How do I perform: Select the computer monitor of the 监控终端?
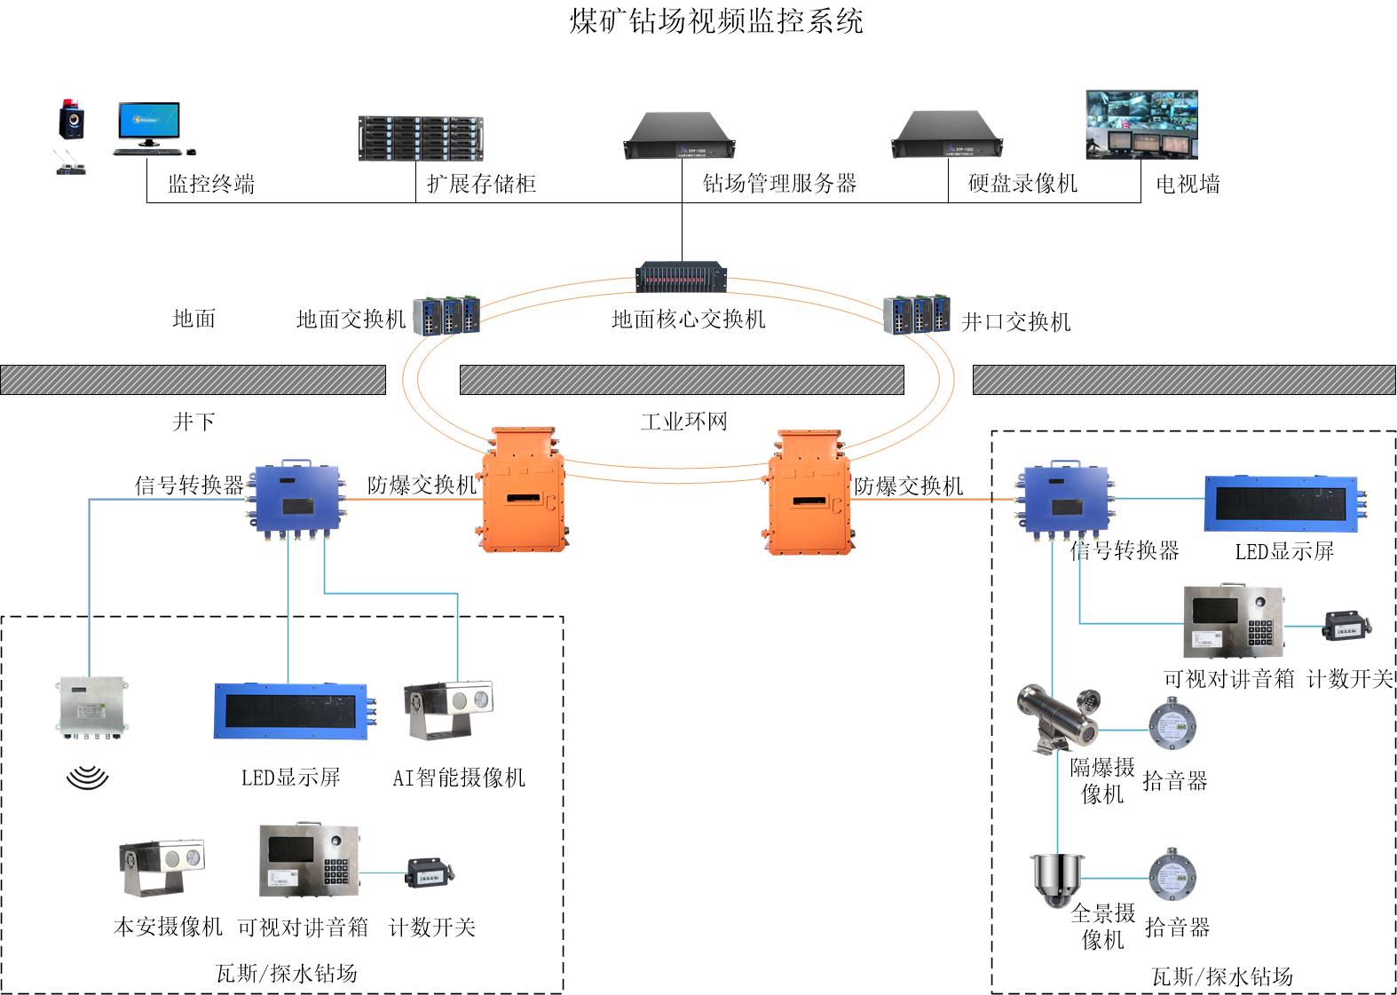click(x=148, y=124)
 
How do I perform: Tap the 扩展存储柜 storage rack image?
click(x=421, y=138)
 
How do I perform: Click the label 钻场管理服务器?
click(x=779, y=184)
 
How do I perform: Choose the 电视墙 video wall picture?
click(x=1141, y=124)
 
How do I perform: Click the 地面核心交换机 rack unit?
click(x=682, y=277)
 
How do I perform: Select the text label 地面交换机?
click(x=351, y=320)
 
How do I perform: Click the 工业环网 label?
click(x=683, y=422)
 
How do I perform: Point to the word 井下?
click(x=193, y=422)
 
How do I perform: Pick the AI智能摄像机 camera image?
click(x=449, y=710)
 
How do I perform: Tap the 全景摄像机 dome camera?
click(x=1056, y=879)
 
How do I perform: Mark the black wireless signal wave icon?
click(x=87, y=778)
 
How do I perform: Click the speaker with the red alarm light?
click(x=72, y=119)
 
